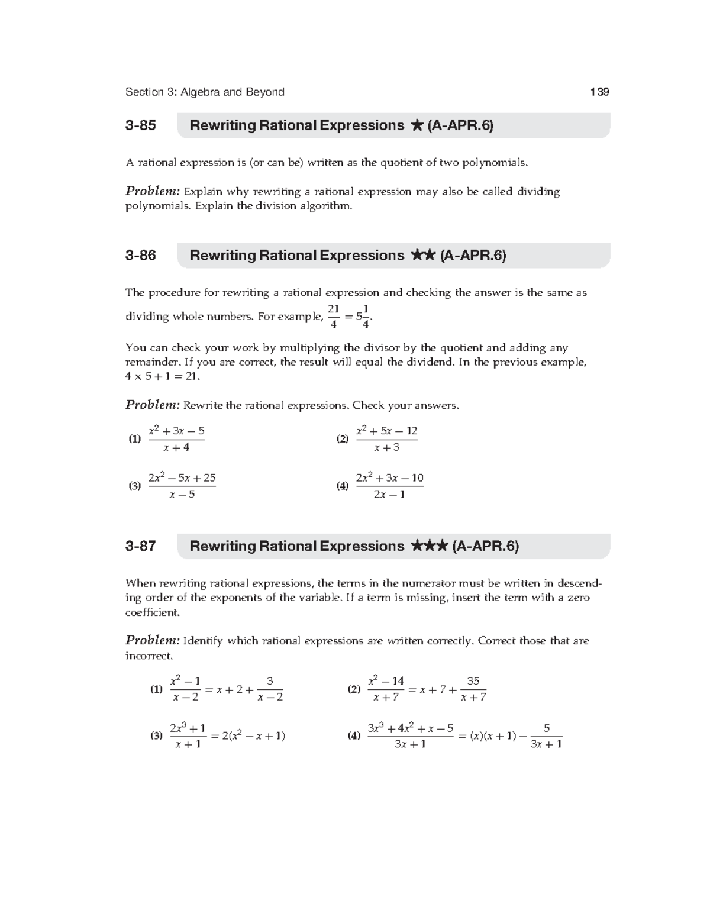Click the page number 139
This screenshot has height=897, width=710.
[x=599, y=92]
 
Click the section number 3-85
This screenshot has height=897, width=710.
[x=140, y=125]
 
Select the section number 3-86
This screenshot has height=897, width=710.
[x=140, y=256]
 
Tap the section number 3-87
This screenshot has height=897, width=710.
[x=140, y=546]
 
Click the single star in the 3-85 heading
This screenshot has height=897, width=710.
[x=416, y=125]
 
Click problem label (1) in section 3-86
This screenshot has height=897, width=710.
[x=135, y=439]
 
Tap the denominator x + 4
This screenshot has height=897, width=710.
[x=176, y=448]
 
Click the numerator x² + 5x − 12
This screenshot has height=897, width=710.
[x=387, y=431]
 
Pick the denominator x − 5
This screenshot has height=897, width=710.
[x=182, y=495]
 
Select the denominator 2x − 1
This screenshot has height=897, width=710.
[x=389, y=495]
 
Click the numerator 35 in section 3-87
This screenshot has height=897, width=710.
[x=473, y=681]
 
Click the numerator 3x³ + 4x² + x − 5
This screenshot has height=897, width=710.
[x=411, y=728]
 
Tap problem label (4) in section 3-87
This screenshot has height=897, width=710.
[x=354, y=736]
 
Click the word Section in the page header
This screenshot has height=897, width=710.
[x=144, y=92]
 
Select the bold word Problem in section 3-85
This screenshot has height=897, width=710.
[x=152, y=192]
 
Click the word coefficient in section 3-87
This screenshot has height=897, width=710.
[x=151, y=612]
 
